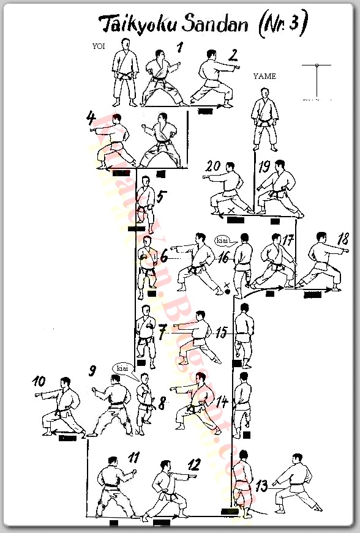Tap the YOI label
[x=98, y=47]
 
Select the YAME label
[x=264, y=76]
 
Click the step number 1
[x=180, y=47]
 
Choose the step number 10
[x=39, y=381]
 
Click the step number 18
[x=343, y=238]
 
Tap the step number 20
[x=213, y=166]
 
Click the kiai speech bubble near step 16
[x=223, y=240]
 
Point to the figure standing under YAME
[x=265, y=119]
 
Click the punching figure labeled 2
[x=212, y=78]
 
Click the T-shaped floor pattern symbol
[x=316, y=80]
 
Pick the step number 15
[x=221, y=332]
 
